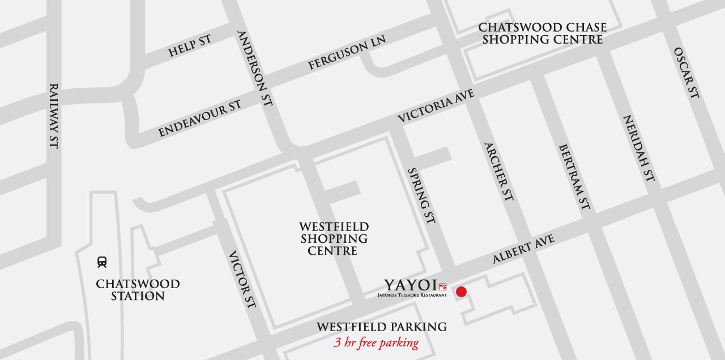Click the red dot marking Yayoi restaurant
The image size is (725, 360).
point(461,292)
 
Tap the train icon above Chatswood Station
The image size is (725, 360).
point(102,262)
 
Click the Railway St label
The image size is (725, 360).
point(53,116)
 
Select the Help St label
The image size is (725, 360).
point(190,46)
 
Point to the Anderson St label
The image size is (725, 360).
point(255,68)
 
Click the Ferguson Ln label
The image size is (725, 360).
point(347,53)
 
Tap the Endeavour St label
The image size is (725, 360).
point(200,118)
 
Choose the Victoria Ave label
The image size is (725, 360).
point(436,105)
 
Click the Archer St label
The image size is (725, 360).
point(498,172)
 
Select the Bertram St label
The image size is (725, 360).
point(574,177)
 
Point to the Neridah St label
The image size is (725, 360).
point(639,148)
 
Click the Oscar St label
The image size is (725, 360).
point(686,72)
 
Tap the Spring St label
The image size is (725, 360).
point(421,195)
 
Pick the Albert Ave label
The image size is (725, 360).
point(523,249)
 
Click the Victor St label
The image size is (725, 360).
point(242,280)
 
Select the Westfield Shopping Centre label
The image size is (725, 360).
point(334,238)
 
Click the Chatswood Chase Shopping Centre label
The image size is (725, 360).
point(542,33)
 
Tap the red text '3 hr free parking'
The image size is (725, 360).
point(376,342)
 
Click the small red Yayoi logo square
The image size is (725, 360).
point(443,287)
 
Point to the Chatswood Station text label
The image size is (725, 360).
point(138,290)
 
